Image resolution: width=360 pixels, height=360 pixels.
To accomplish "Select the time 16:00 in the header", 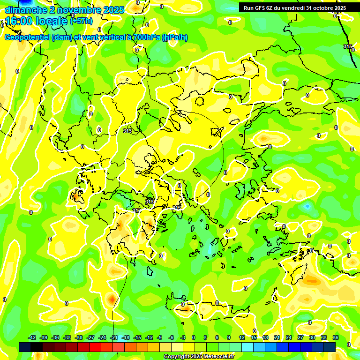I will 19,21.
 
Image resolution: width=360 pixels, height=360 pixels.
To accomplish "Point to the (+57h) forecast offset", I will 81,21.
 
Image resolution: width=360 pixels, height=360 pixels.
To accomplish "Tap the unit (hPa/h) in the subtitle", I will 174,37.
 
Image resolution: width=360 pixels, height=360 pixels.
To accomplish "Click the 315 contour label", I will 348,46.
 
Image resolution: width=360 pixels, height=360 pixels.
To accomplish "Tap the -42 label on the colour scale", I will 32,337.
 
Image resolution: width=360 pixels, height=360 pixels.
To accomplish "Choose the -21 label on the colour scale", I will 114,337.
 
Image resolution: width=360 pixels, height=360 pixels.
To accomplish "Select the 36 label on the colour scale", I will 336,337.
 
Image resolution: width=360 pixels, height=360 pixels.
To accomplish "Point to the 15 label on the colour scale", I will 254,337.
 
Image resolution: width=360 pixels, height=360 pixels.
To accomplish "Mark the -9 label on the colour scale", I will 159,337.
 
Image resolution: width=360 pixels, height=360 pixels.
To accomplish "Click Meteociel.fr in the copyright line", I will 217,356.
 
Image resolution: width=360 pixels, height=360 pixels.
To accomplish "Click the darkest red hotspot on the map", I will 112,298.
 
